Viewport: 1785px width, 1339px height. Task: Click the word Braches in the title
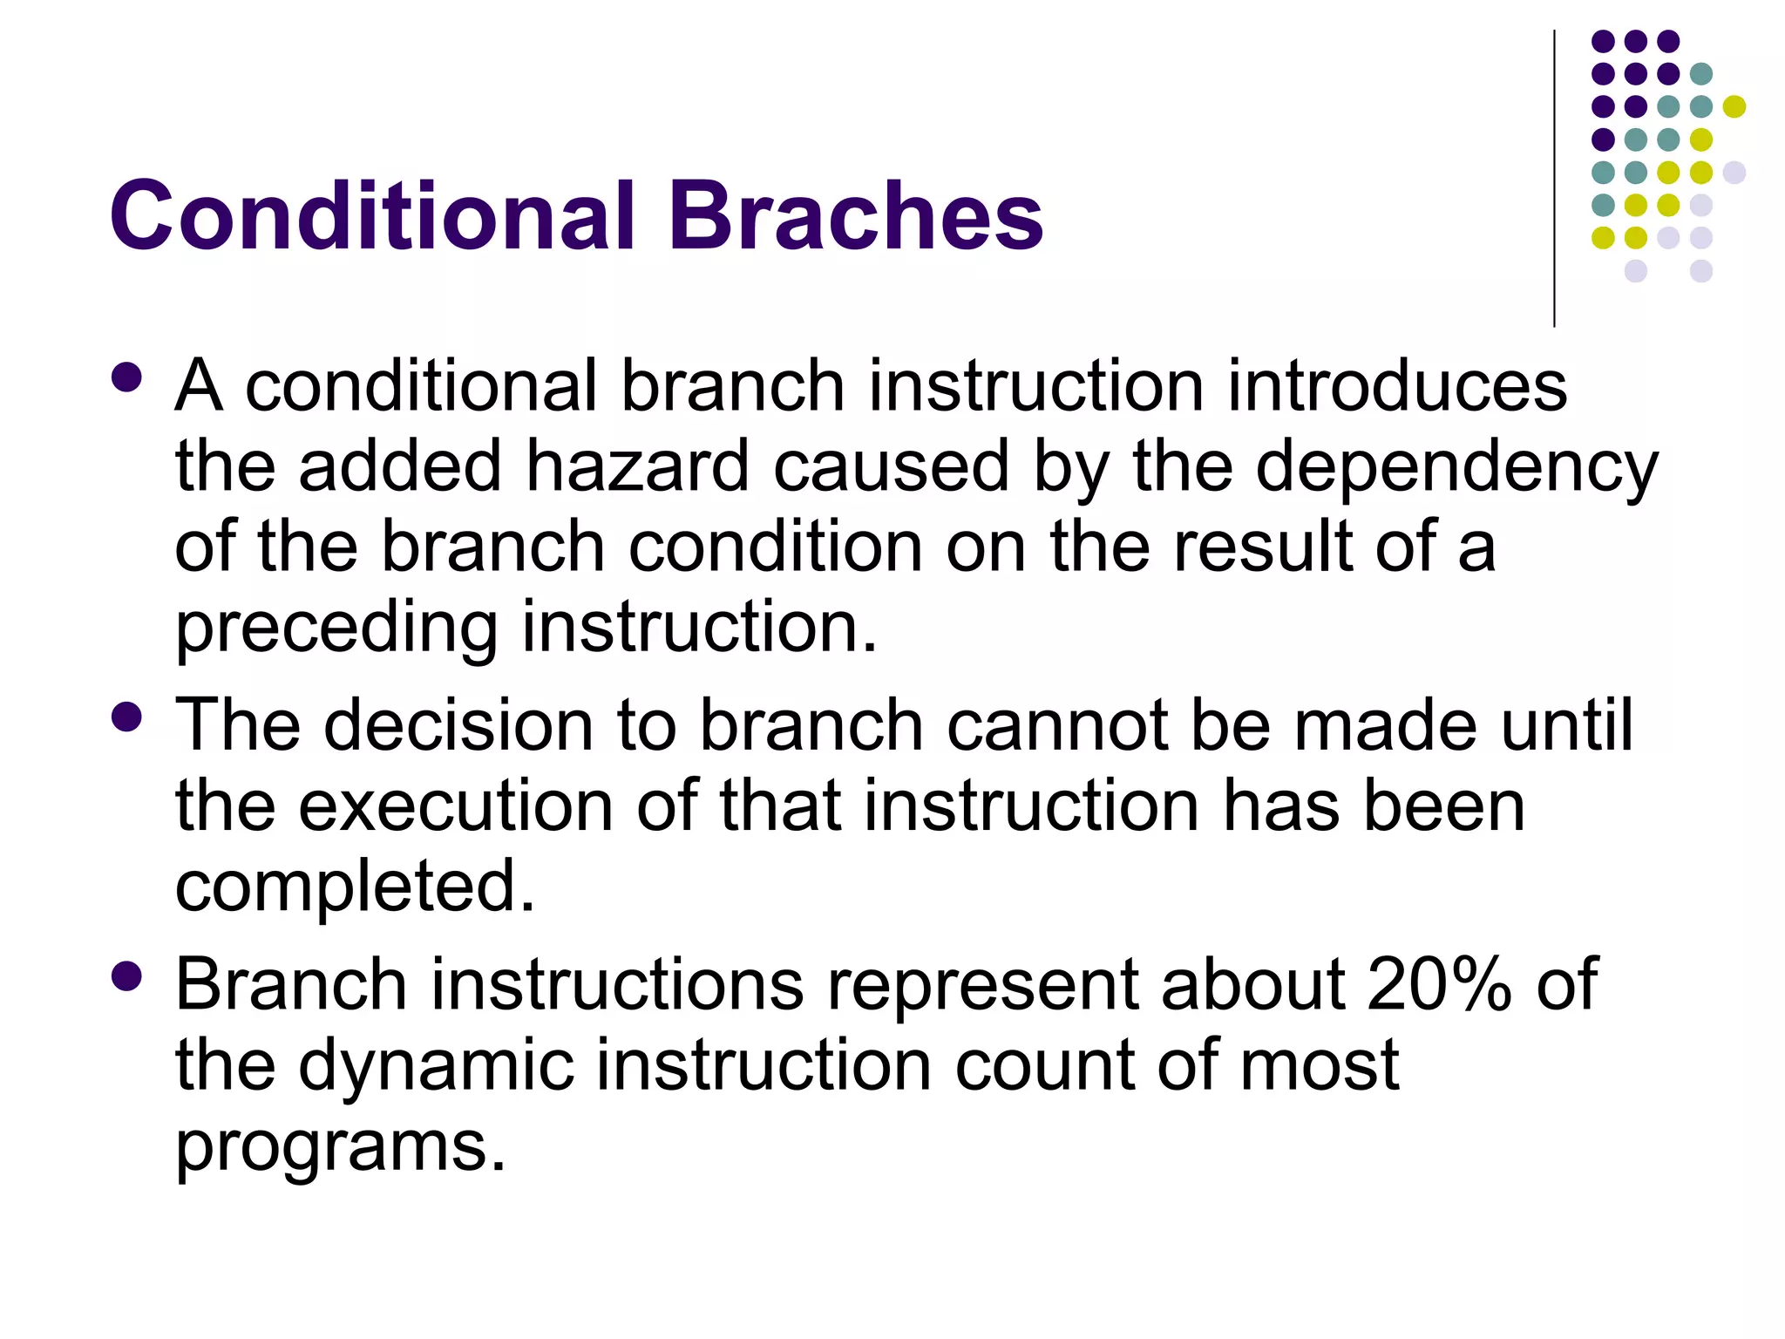click(855, 215)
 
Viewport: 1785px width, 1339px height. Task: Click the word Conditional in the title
click(373, 215)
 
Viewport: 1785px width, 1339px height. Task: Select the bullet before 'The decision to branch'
click(127, 717)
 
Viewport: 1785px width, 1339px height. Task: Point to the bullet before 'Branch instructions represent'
click(127, 975)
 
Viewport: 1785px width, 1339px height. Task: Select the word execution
click(456, 806)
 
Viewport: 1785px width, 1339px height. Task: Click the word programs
click(340, 1147)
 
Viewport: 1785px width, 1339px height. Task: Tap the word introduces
click(1397, 385)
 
